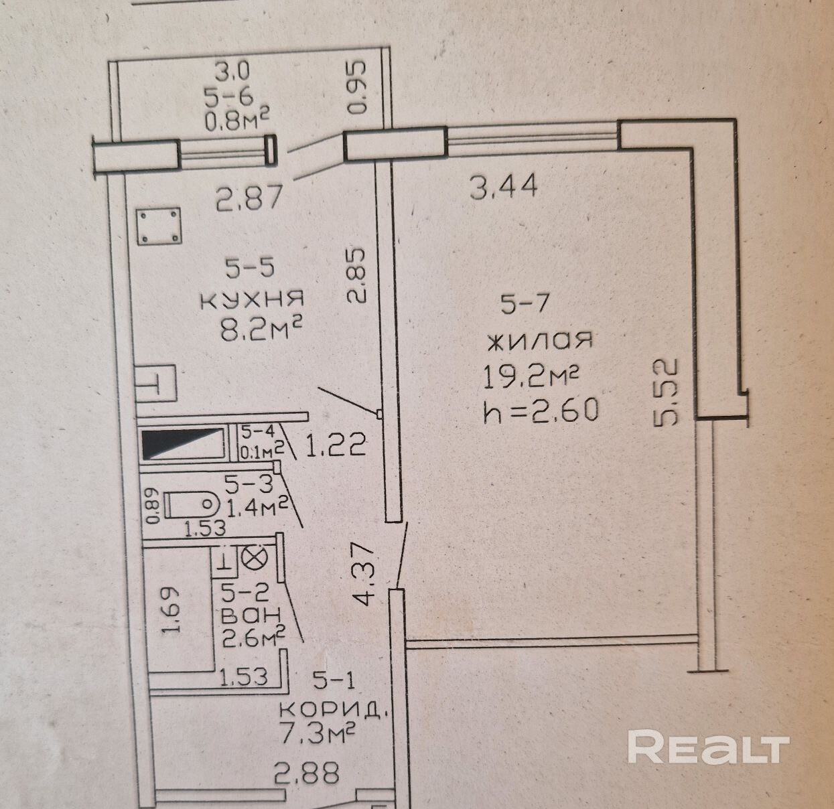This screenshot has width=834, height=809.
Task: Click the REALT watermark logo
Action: [x=709, y=748]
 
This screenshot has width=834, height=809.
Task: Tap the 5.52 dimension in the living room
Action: [x=667, y=392]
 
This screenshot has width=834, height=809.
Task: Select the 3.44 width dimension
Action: [x=504, y=186]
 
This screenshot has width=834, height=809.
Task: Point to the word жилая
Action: [x=539, y=341]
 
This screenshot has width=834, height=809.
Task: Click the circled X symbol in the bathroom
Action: [x=253, y=557]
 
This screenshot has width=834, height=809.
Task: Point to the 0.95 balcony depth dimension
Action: [x=358, y=87]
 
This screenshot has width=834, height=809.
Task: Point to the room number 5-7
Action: [x=525, y=303]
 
